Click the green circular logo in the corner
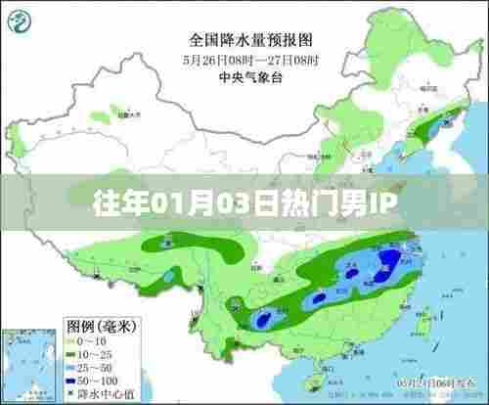click(x=24, y=22)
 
